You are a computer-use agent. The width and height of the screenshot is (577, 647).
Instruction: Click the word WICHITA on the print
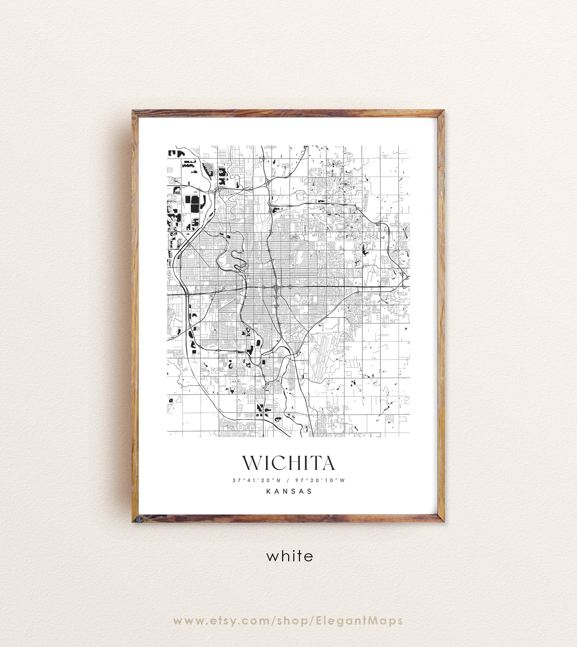click(288, 464)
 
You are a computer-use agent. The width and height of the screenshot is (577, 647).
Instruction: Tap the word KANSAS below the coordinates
click(289, 491)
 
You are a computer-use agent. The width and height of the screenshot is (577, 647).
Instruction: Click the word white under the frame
click(289, 556)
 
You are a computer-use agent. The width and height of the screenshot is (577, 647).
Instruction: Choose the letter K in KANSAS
click(269, 491)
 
